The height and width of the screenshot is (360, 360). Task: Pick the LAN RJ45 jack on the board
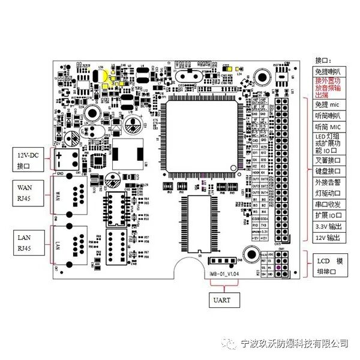click(71, 244)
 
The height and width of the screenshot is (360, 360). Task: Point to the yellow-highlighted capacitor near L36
click(106, 76)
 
